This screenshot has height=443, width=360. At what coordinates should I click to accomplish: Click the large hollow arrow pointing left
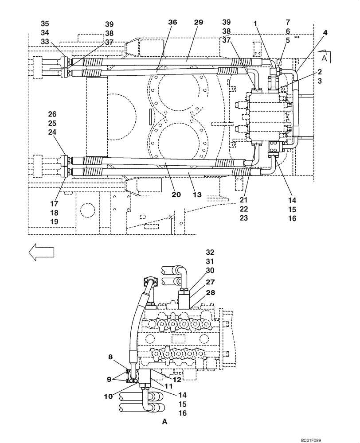(41, 253)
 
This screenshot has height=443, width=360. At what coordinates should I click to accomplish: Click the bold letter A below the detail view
(165, 422)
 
